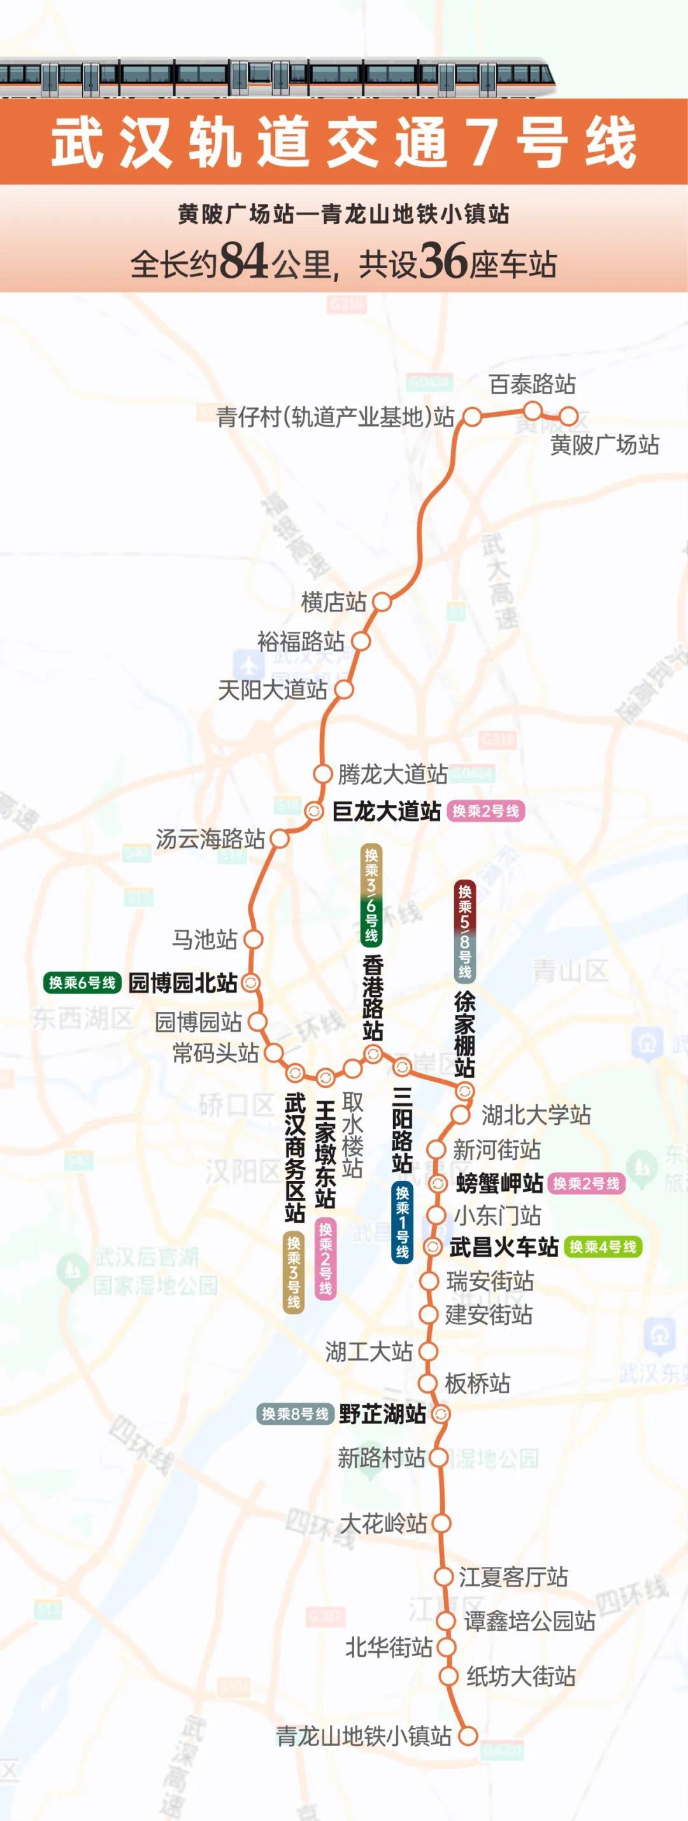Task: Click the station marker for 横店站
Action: coord(382,601)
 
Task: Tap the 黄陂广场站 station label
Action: coord(605,445)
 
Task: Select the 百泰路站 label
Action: coord(533,385)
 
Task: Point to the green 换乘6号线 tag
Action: coord(82,983)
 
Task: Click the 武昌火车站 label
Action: coord(503,1247)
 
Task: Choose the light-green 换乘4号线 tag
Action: coord(603,1247)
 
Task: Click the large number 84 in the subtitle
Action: coord(243,262)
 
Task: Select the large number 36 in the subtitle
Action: coord(443,262)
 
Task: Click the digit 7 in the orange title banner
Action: coord(481,143)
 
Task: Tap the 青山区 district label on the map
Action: coord(570,971)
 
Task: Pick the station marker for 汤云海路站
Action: coord(280,839)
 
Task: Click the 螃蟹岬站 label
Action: coord(499,1183)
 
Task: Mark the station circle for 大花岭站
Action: coord(441,1523)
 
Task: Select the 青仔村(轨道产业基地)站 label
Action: coord(335,417)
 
